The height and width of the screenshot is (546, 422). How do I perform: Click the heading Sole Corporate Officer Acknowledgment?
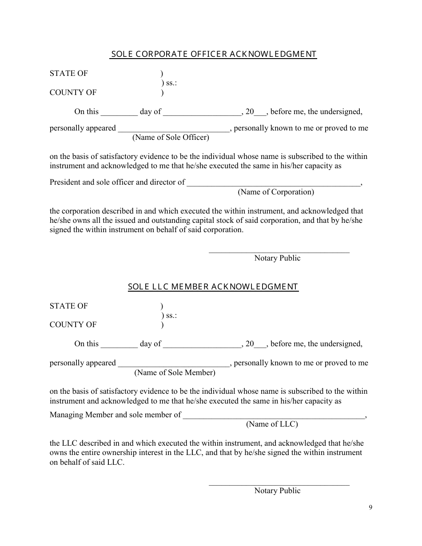213,54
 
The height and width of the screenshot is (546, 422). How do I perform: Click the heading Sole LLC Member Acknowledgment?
213,287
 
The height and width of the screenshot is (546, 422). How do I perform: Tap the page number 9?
370,508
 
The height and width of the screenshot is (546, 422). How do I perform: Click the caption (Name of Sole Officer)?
171,138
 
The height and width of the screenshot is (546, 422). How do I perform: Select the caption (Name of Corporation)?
276,192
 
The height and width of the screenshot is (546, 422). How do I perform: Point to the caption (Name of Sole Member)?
175,373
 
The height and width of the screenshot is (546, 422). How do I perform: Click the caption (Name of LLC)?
272,424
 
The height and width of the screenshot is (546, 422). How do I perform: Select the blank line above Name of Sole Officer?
173,130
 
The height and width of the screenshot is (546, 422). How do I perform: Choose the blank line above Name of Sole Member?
173,364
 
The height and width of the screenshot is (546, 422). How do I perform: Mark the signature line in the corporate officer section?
279,252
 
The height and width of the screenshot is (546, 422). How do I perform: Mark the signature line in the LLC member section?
279,485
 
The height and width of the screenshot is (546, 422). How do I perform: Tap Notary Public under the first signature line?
277,258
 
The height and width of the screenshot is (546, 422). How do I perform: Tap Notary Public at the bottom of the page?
277,491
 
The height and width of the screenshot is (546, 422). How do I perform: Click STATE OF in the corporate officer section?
69,74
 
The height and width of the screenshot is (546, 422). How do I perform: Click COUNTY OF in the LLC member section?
73,325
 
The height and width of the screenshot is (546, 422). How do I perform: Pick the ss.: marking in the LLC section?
169,316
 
